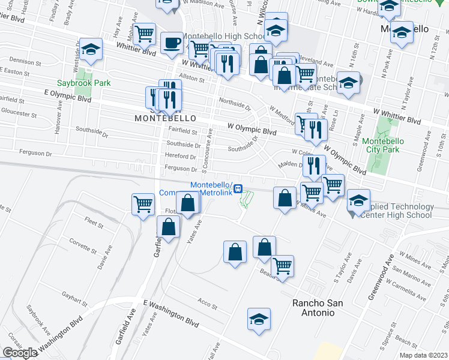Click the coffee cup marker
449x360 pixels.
pyautogui.click(x=172, y=43)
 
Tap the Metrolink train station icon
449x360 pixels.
pyautogui.click(x=238, y=188)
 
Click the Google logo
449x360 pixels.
pyautogui.click(x=20, y=353)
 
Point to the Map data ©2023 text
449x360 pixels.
pyautogui.click(x=423, y=355)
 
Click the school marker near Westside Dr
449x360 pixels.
pyautogui.click(x=91, y=50)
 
